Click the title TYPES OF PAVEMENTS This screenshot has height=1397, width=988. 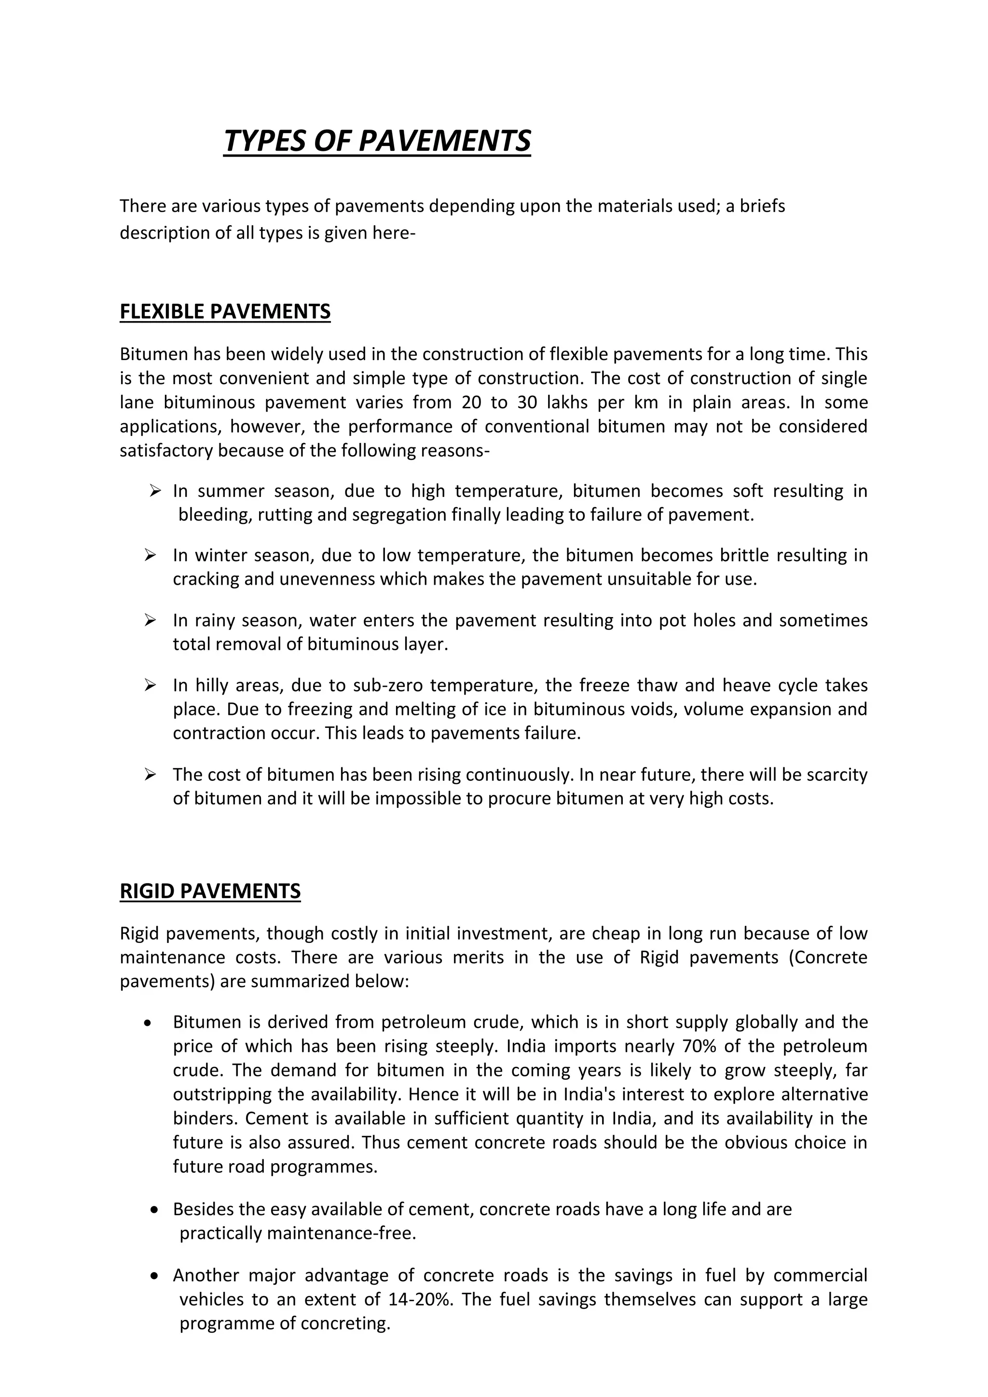377,141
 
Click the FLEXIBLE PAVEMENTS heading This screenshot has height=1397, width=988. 225,311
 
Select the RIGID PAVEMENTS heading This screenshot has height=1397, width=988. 210,891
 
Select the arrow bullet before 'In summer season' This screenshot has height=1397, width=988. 155,490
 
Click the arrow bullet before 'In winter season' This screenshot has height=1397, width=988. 151,555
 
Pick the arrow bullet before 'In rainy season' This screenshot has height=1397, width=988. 151,620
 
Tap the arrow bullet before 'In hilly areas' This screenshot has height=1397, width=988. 151,685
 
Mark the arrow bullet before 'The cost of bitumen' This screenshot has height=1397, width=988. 151,775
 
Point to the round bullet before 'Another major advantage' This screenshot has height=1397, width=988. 155,1276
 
